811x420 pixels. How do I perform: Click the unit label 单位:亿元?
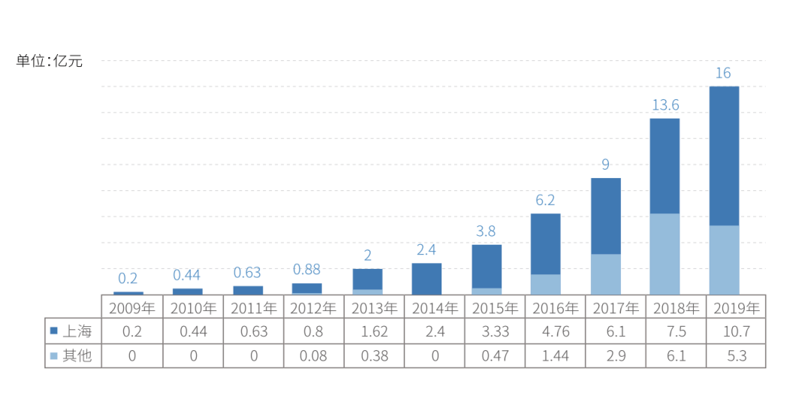tap(50, 62)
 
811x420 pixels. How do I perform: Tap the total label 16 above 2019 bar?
tap(723, 73)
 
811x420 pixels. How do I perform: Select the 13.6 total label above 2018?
tap(665, 105)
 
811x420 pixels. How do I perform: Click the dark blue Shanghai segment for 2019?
tap(724, 156)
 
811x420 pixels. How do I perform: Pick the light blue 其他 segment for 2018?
tap(665, 253)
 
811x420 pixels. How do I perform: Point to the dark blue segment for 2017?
tap(605, 216)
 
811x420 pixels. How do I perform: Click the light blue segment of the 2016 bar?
tap(546, 284)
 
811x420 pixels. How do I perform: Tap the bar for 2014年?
tap(427, 278)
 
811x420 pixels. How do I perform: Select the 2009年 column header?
tap(132, 308)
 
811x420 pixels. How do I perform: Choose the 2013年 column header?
tap(374, 308)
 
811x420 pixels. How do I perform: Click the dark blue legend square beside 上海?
tap(54, 331)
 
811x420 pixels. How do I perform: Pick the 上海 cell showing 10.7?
tap(736, 331)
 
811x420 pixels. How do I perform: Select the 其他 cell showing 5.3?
tap(736, 355)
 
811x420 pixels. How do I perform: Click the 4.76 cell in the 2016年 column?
tap(555, 331)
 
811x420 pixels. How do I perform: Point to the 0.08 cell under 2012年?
tap(313, 355)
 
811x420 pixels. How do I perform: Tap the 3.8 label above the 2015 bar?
tap(487, 231)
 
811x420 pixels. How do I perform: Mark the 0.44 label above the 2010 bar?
tap(188, 275)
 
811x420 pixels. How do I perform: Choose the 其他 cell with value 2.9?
tap(615, 355)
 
